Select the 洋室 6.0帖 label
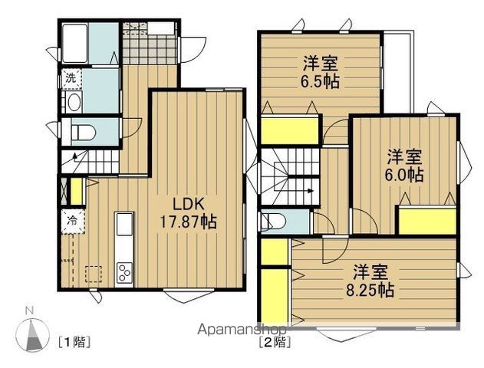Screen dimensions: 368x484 coord(403,165)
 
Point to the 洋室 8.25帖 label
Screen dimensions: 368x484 coord(374,281)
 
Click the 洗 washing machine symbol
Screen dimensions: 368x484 coord(70,77)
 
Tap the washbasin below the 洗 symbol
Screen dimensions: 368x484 coord(73,103)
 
